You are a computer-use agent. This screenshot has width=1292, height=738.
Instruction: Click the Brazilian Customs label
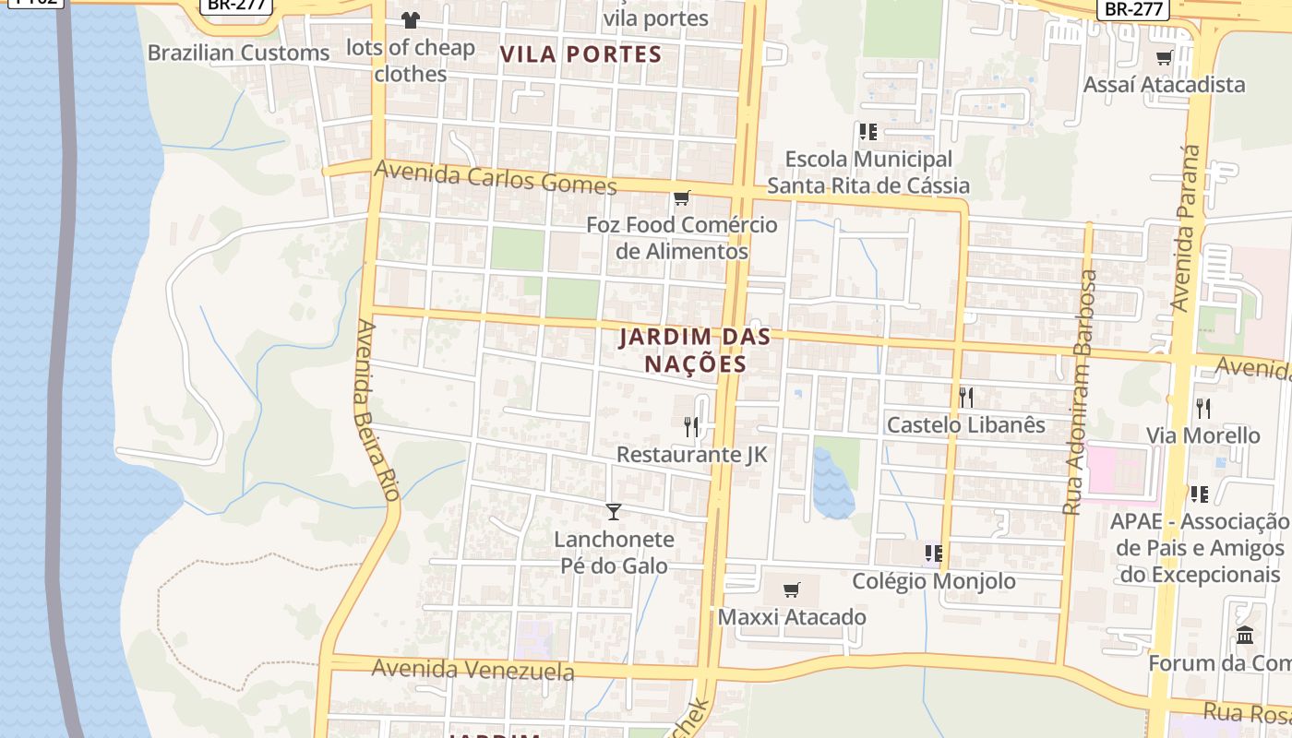(x=238, y=53)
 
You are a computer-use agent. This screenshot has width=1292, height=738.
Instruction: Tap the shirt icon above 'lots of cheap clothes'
(x=410, y=19)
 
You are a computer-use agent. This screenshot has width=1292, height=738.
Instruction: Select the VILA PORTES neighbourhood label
(x=581, y=54)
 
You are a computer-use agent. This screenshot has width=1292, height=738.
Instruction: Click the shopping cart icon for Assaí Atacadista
(x=1164, y=58)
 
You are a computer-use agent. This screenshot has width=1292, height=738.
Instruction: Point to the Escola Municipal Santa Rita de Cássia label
(x=867, y=173)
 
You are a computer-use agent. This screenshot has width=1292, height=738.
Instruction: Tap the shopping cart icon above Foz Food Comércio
(x=681, y=197)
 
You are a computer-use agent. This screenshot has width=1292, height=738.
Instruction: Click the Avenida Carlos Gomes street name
(x=496, y=178)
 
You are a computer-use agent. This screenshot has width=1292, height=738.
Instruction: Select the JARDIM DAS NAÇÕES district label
(x=695, y=351)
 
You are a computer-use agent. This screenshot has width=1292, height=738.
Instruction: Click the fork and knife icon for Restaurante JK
(x=691, y=426)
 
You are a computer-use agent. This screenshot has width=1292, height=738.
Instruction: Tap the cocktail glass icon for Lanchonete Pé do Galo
(x=614, y=511)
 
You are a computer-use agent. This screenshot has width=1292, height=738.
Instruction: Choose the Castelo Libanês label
(x=965, y=424)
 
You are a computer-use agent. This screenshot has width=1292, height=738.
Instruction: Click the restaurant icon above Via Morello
(x=1202, y=408)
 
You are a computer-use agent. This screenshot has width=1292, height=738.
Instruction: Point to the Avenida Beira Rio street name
(x=377, y=411)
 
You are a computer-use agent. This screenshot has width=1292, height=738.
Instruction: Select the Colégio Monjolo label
(x=933, y=581)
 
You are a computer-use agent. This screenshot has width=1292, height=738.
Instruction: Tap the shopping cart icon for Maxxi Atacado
(x=791, y=589)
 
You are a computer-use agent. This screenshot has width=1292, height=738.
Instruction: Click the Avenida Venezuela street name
(x=473, y=669)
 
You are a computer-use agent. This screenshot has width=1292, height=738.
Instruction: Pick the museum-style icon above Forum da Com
(x=1244, y=636)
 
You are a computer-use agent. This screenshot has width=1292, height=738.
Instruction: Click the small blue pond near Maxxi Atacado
(x=832, y=484)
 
